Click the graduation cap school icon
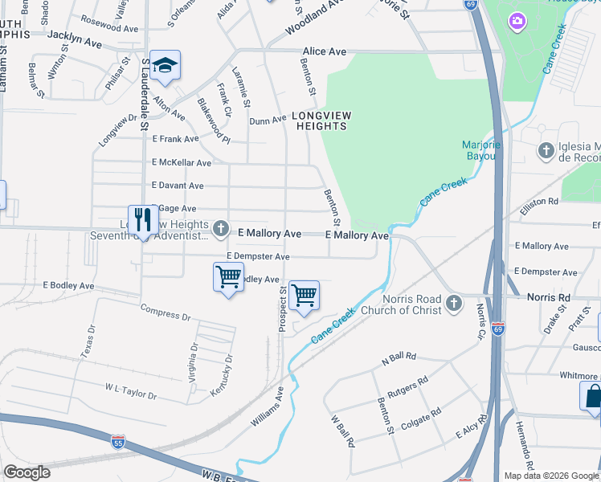165,66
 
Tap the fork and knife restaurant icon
143,219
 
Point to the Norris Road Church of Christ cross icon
454,304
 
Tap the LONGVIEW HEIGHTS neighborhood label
321,120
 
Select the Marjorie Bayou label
482,150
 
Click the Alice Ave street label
325,51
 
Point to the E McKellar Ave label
182,162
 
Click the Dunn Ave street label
268,120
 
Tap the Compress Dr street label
165,311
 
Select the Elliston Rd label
539,206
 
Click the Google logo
27,472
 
